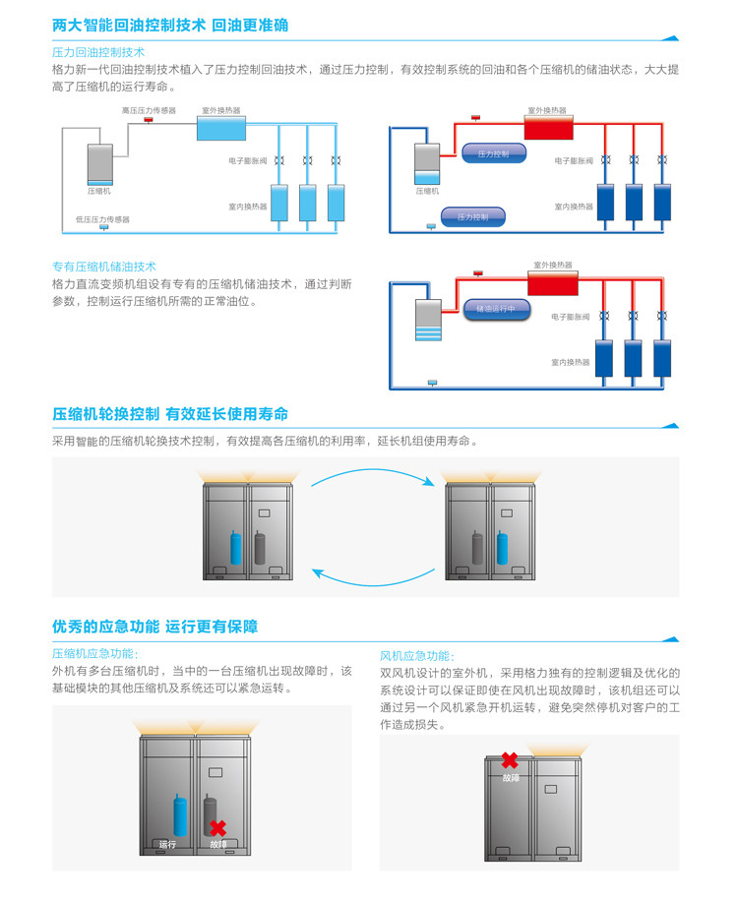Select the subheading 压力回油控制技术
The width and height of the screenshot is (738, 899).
click(98, 52)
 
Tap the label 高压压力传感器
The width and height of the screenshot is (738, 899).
click(149, 110)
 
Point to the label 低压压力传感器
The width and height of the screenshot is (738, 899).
click(101, 219)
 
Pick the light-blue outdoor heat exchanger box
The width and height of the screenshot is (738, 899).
click(221, 127)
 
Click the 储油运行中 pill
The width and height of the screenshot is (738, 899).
click(497, 309)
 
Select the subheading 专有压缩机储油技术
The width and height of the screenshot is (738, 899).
click(104, 267)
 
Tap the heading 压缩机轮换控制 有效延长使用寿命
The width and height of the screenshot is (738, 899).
click(170, 414)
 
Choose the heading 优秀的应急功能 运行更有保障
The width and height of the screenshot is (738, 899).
click(154, 627)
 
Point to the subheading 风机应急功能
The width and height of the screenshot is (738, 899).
click(417, 655)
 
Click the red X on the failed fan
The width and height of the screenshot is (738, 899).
click(510, 760)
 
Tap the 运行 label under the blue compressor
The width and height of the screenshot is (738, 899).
click(167, 844)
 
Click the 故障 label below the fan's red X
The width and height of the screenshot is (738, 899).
click(510, 777)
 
